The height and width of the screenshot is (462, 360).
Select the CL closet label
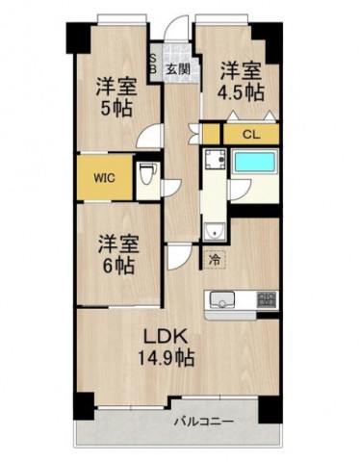click(248, 134)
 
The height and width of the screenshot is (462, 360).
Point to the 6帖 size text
click(118, 262)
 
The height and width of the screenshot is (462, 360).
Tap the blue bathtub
click(258, 164)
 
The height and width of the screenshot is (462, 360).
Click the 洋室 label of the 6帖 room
click(118, 241)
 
